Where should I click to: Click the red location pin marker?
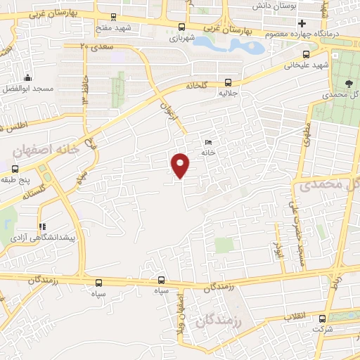pyautogui.click(x=181, y=165)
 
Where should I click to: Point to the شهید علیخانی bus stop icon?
pyautogui.click(x=306, y=54)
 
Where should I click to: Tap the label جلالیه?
pyautogui.click(x=226, y=92)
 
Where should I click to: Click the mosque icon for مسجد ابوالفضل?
pyautogui.click(x=27, y=77)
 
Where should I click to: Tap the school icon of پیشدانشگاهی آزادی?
pyautogui.click(x=42, y=226)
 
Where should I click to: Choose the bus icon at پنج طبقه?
pyautogui.click(x=15, y=169)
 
